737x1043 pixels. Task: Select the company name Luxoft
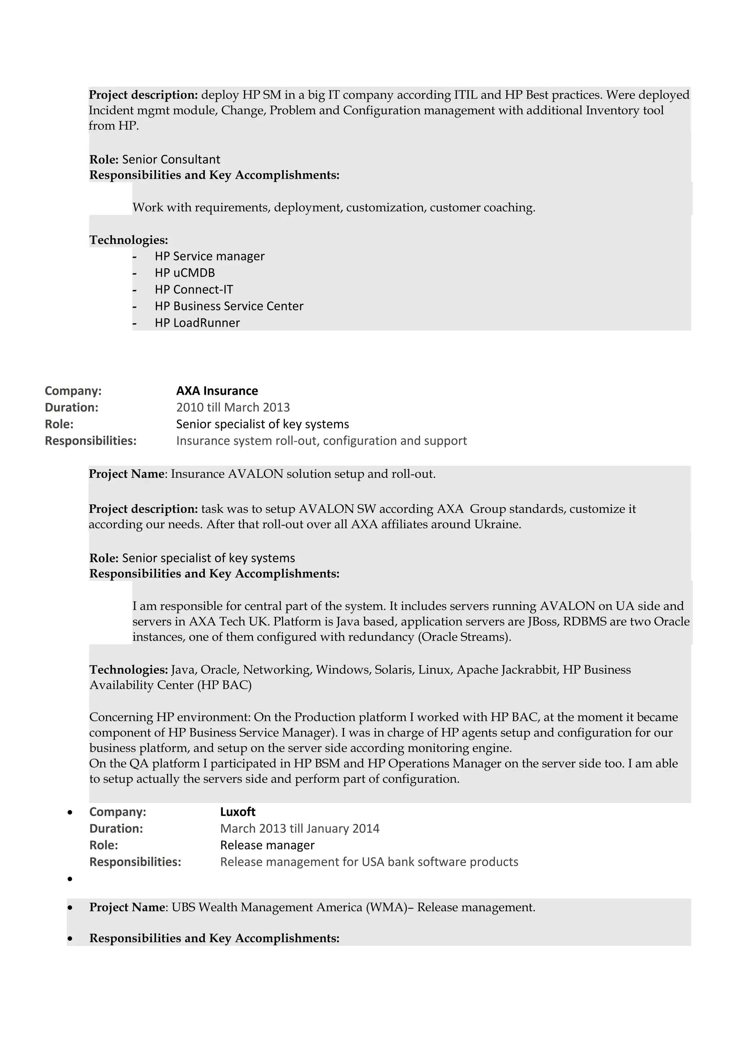tap(238, 812)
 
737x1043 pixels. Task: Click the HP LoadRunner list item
tap(197, 322)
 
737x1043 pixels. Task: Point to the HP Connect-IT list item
tap(194, 289)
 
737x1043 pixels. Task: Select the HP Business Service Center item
tap(229, 306)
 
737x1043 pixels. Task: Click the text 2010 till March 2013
tap(232, 407)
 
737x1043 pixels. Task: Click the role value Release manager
tap(267, 845)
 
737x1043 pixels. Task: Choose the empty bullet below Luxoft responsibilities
tap(70, 879)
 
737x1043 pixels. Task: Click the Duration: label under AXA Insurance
tap(71, 407)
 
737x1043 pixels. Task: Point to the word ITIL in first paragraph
tap(465, 95)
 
